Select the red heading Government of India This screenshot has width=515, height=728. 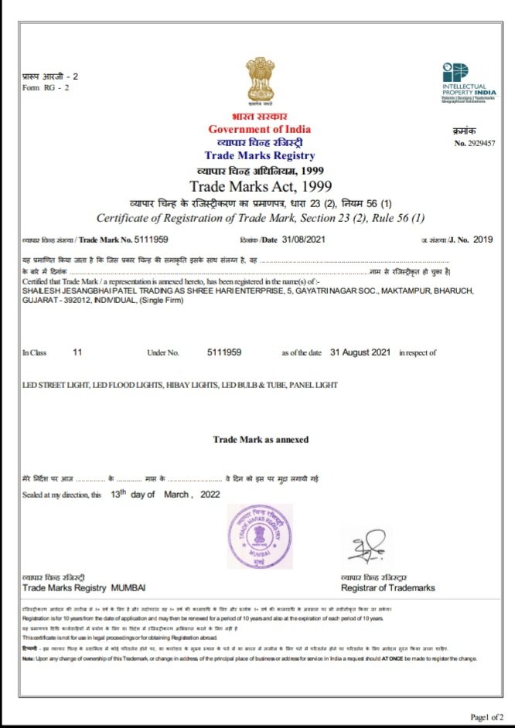tap(260, 129)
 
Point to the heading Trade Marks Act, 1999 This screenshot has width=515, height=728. tap(260, 186)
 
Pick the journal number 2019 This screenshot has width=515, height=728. tap(483, 240)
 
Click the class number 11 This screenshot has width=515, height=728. tap(77, 352)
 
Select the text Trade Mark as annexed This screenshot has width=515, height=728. tap(261, 440)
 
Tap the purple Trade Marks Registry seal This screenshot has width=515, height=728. tap(260, 538)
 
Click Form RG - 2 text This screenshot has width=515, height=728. tap(46, 87)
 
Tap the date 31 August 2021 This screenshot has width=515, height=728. tap(360, 352)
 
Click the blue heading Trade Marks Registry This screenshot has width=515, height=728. tap(260, 155)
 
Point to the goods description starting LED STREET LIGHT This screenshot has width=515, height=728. tap(180, 385)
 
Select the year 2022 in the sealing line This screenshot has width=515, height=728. tap(210, 495)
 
